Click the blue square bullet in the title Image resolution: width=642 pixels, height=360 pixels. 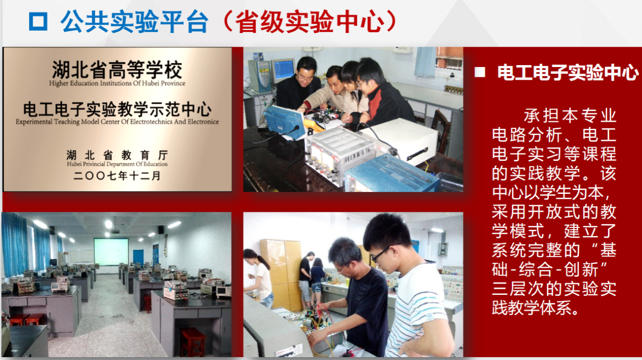(x=38, y=21)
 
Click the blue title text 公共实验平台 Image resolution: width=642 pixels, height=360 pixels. (x=135, y=21)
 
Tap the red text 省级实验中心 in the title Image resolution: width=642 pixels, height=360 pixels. (x=309, y=21)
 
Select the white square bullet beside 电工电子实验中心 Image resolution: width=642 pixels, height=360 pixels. (x=480, y=72)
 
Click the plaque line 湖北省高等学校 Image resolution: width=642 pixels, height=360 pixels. (x=117, y=69)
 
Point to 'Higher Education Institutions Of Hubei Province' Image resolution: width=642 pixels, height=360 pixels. (x=117, y=84)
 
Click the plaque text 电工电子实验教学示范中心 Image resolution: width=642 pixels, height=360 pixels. (x=117, y=109)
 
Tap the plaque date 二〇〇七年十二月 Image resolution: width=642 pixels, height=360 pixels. (x=117, y=176)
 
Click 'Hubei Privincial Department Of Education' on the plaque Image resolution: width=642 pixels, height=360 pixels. (x=117, y=164)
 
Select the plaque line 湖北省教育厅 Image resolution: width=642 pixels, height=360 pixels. (x=117, y=155)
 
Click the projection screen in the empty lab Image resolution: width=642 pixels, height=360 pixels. (x=111, y=252)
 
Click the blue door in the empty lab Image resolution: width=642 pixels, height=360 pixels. (x=138, y=257)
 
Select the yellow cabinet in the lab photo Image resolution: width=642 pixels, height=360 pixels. (x=281, y=272)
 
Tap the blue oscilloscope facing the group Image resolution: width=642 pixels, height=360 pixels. (x=284, y=122)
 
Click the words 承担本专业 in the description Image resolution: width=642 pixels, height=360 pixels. (x=570, y=116)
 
